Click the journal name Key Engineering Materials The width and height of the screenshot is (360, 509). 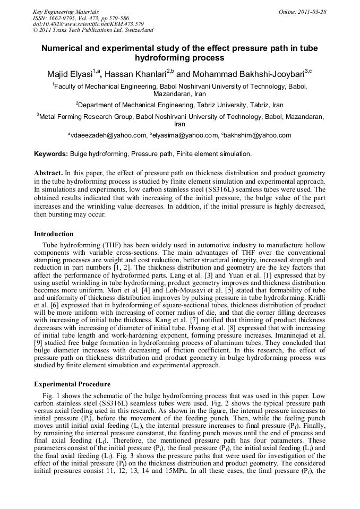[66, 12]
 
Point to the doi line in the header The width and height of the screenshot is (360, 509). [88, 24]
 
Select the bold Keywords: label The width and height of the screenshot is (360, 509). [51, 154]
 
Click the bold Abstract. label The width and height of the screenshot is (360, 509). [48, 173]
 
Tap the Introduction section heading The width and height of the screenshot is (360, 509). [54, 234]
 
